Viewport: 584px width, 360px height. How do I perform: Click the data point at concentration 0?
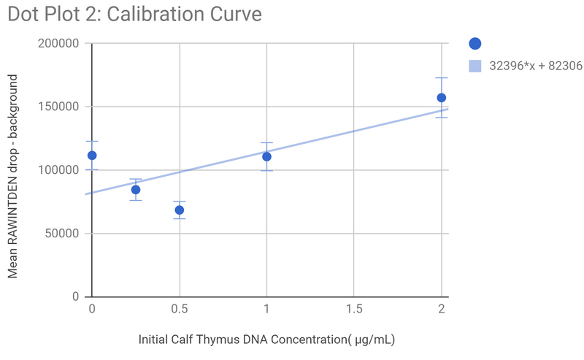click(x=92, y=156)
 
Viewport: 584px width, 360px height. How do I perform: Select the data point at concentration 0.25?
click(x=136, y=190)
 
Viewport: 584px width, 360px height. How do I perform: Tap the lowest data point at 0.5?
click(x=179, y=210)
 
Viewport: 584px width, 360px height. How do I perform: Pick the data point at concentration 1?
click(x=266, y=156)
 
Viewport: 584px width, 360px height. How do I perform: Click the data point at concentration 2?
click(x=441, y=98)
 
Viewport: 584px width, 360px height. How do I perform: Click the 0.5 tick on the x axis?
click(x=179, y=310)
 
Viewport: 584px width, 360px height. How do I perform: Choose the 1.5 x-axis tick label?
click(x=354, y=310)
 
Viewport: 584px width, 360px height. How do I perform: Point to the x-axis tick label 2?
click(x=441, y=310)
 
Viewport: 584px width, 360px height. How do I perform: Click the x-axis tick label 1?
click(x=266, y=310)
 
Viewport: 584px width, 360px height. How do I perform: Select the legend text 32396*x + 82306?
click(x=535, y=66)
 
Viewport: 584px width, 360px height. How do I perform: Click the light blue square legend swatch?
click(x=475, y=66)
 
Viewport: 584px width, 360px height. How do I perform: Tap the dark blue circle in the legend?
click(x=475, y=44)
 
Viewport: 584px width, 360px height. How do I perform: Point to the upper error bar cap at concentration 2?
click(x=441, y=78)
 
